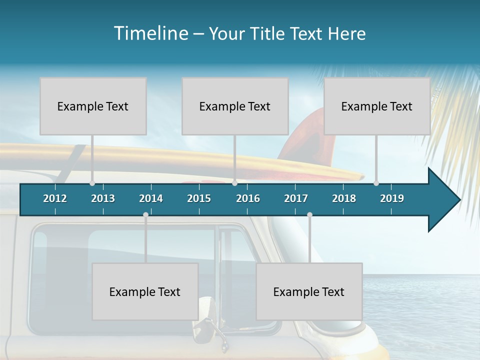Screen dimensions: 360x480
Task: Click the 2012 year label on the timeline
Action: (55, 198)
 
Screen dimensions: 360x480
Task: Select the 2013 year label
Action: (103, 198)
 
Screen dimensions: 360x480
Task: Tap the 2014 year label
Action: (151, 198)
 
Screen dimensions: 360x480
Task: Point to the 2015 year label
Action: (199, 198)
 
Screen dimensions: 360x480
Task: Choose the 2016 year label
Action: (248, 198)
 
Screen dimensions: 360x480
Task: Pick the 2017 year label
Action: (296, 198)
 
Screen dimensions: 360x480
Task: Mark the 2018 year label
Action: (344, 198)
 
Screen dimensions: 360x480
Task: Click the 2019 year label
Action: (392, 198)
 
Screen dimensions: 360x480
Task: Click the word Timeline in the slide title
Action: (150, 33)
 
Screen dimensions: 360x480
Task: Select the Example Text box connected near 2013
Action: (93, 106)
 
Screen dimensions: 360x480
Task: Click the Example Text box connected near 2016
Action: (235, 106)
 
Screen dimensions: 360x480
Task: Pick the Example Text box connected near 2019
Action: (377, 106)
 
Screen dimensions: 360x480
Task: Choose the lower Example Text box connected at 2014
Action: (145, 291)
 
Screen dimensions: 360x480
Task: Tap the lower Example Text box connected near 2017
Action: (309, 291)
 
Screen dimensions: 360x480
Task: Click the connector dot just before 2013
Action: (92, 183)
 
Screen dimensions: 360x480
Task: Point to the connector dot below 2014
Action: (145, 215)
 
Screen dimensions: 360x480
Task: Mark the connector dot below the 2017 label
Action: (309, 215)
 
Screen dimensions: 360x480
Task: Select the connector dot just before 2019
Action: (376, 183)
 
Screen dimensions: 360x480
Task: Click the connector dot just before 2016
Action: (234, 183)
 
